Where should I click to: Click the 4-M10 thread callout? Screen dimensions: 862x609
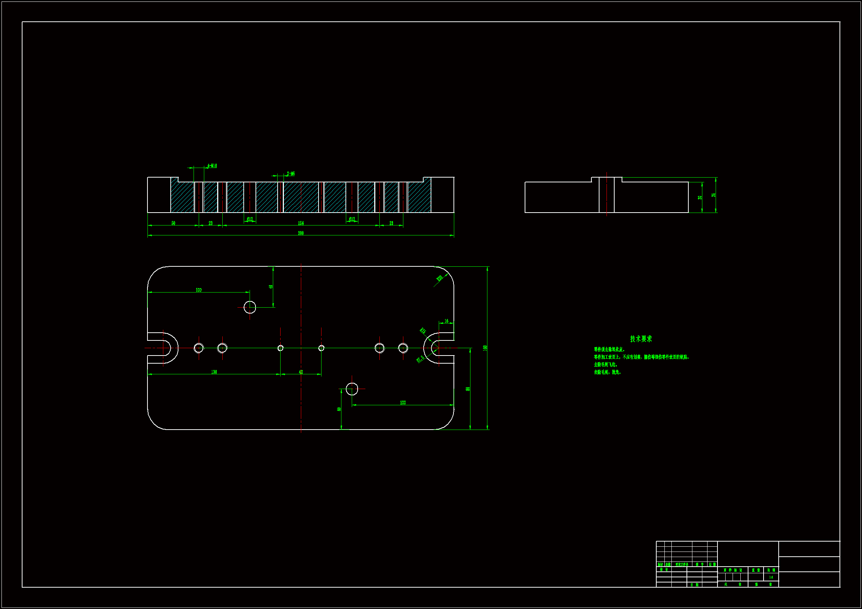[212, 166]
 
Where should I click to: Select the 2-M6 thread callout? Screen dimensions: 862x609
[291, 174]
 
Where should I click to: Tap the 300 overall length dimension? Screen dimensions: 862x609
[301, 233]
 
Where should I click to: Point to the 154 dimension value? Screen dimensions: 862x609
[301, 223]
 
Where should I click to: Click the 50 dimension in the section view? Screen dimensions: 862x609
[173, 223]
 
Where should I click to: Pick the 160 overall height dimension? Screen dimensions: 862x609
[485, 348]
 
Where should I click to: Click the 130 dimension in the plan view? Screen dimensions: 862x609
[214, 372]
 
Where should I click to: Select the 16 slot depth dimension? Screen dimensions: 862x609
[446, 321]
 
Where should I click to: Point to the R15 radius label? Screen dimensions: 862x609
[423, 330]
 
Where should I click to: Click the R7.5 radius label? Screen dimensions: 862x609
[420, 359]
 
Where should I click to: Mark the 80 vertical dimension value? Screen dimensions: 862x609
[468, 389]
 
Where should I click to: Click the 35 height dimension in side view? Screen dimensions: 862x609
[713, 195]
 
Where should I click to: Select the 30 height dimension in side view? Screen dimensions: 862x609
[700, 197]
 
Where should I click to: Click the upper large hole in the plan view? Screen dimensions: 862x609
[250, 307]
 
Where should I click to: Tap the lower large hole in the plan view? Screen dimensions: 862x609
[352, 389]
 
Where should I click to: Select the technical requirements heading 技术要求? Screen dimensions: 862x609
[641, 339]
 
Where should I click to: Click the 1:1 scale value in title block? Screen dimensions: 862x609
[771, 577]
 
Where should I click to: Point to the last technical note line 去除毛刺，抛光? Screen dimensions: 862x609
[607, 372]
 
